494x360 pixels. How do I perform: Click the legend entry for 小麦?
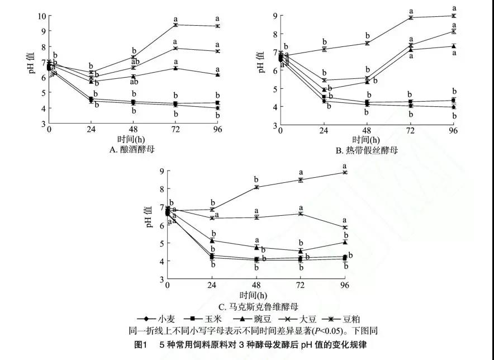pos(157,319)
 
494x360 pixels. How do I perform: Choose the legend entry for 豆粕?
pos(346,319)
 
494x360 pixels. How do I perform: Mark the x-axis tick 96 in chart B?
pos(453,130)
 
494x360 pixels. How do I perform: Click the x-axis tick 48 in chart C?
pos(256,286)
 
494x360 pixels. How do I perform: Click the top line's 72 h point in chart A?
pos(175,25)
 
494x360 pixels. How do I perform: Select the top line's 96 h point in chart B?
pos(453,16)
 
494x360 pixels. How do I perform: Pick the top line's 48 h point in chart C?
pos(256,187)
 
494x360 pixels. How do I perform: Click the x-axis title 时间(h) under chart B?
pos(367,139)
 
